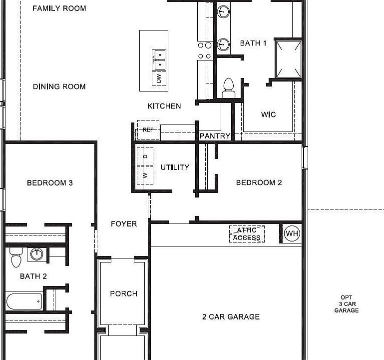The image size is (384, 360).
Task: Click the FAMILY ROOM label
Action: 59,8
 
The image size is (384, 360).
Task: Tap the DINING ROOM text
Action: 59,86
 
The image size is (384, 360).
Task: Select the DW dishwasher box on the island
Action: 159,78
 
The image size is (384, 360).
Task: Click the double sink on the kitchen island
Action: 159,59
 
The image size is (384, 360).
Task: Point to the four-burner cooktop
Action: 205,50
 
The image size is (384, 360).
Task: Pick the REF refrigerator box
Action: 148,129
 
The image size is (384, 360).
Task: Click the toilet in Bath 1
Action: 228,87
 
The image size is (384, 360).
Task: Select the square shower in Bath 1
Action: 289,58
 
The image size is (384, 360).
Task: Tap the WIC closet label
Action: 268,114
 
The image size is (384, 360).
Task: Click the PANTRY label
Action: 215,136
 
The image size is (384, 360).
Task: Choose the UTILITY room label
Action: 175,167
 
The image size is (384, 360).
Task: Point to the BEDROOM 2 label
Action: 259,182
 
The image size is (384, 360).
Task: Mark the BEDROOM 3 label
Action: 49,183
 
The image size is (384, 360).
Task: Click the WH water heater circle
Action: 292,233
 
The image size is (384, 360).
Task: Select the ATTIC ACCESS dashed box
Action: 247,234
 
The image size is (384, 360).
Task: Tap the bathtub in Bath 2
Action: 24,301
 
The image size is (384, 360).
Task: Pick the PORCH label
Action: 123,293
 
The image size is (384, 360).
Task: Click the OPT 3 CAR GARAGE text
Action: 346,304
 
